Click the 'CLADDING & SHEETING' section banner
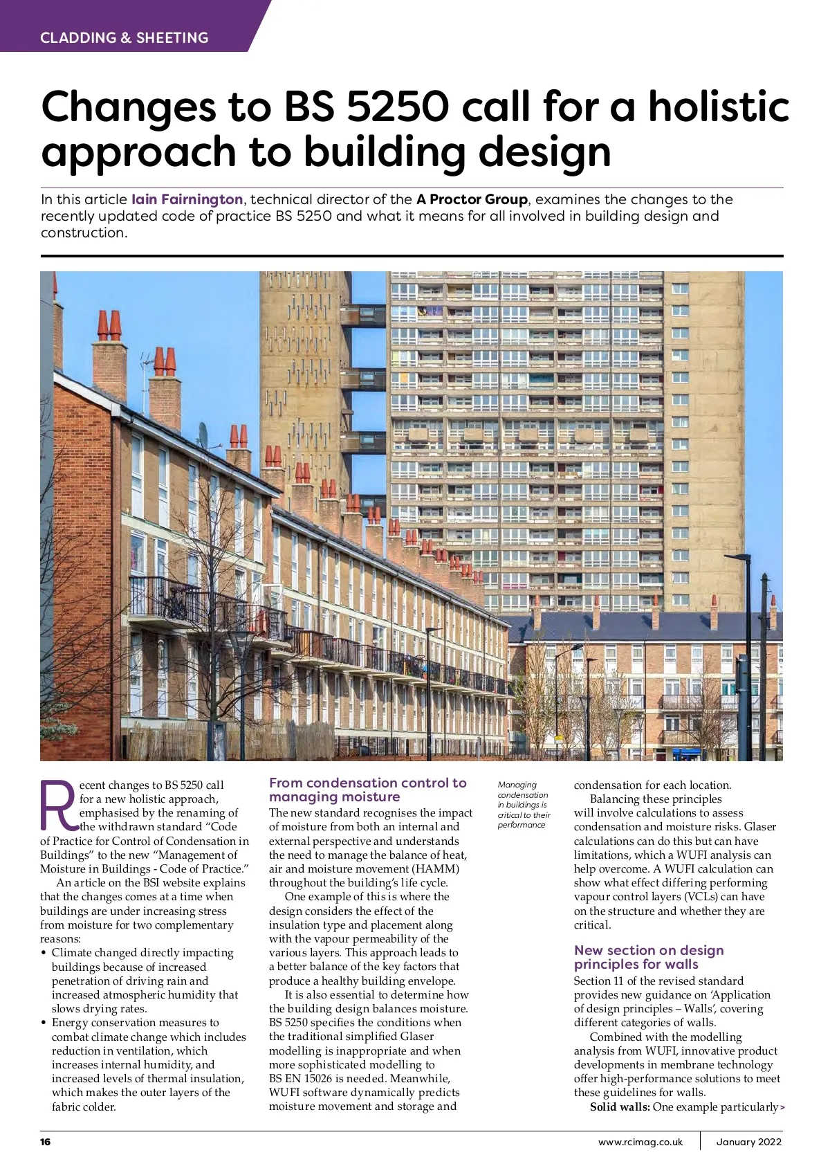(124, 38)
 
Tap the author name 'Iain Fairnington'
(187, 200)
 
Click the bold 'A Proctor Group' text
(472, 200)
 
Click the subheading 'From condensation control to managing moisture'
(367, 790)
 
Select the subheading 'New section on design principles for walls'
(649, 958)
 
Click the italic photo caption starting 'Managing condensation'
(524, 805)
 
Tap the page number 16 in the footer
(46, 1142)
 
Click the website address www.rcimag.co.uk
(640, 1142)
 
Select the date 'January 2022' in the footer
(748, 1142)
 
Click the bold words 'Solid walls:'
(620, 1107)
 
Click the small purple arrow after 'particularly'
(782, 1108)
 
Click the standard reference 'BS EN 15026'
(302, 1079)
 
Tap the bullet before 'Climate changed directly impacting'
(44, 954)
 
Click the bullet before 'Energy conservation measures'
(44, 1023)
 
